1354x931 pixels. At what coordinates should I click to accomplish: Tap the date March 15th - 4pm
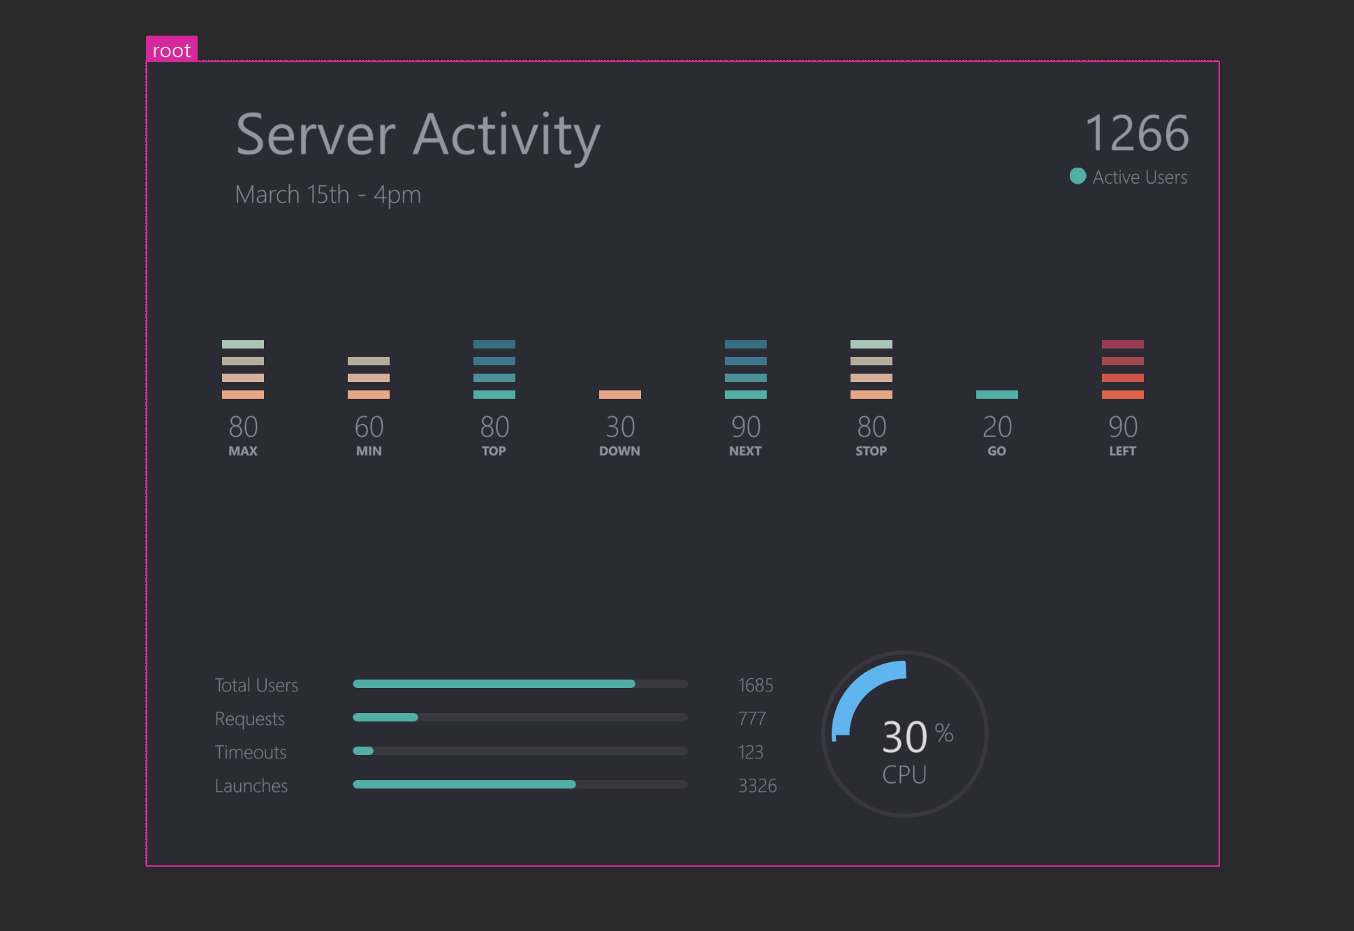pos(328,194)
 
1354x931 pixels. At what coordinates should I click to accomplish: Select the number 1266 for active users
pos(1136,133)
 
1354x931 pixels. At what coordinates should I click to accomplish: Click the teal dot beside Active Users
pos(1077,176)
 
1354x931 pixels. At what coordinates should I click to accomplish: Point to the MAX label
pos(243,451)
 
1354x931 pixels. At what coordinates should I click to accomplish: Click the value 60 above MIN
pos(369,427)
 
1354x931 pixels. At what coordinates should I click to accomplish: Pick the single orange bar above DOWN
pos(619,395)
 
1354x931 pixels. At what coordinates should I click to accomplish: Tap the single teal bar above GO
pos(996,395)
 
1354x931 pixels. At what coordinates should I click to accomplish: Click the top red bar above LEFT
pos(1122,344)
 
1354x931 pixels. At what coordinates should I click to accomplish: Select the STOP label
pos(871,451)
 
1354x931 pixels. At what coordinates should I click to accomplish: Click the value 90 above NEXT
pos(746,427)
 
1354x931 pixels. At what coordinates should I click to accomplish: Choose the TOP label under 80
pos(494,451)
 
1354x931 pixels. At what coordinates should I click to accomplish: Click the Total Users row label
pos(256,685)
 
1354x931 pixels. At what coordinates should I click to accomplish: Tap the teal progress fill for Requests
pos(385,717)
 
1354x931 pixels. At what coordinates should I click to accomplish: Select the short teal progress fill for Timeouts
pos(363,751)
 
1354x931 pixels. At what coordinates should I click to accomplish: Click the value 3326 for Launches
pos(757,786)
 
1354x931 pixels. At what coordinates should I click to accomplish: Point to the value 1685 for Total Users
pos(756,685)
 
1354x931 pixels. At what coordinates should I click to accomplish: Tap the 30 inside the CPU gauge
pos(904,737)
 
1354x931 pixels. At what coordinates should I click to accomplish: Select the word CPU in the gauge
pos(904,775)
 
